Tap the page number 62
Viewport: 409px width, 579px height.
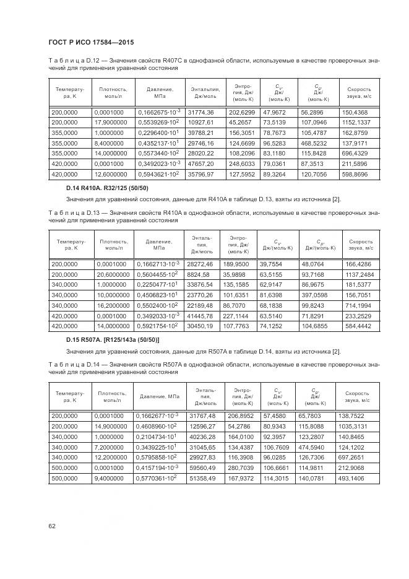tap(51, 526)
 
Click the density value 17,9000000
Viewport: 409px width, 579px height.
tap(110, 123)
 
